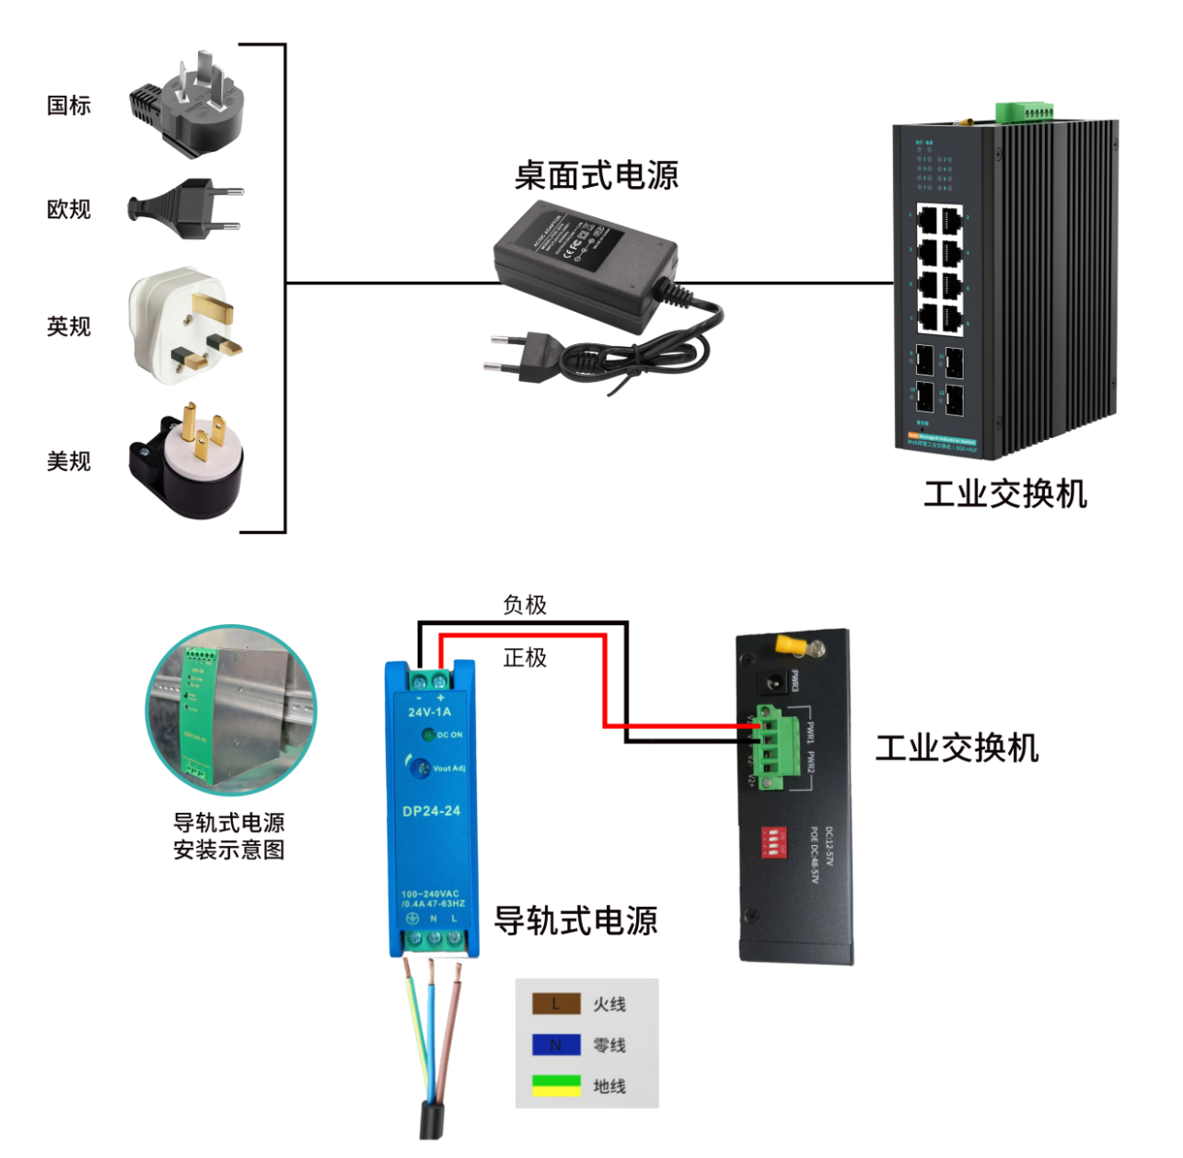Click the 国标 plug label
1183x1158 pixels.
tap(69, 105)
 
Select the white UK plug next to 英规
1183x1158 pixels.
tap(185, 326)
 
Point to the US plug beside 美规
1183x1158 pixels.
tap(189, 460)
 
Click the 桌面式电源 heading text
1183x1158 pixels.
tap(597, 175)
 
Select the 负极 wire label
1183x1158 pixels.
tap(525, 605)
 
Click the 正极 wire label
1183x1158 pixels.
tap(525, 657)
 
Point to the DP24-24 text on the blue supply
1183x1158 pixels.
tap(431, 811)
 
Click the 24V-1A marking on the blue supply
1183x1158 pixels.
tap(430, 712)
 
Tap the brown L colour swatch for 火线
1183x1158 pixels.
tap(556, 1003)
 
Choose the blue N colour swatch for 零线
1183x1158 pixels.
tap(556, 1045)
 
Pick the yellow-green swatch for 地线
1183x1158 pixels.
tap(556, 1086)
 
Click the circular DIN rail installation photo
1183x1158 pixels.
tap(231, 710)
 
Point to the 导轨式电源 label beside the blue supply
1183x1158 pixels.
tap(576, 920)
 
